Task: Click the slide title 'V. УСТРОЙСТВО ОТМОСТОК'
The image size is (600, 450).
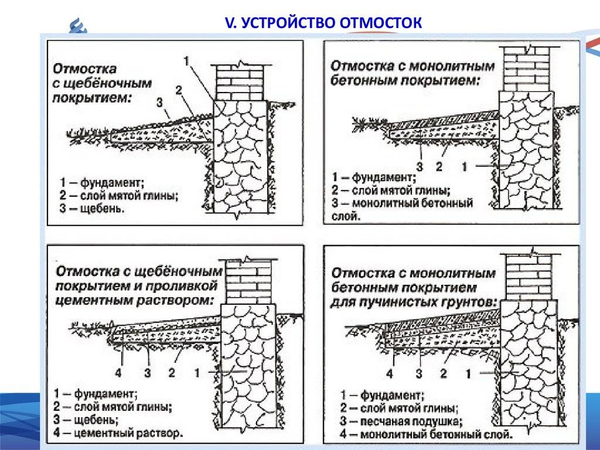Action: [323, 22]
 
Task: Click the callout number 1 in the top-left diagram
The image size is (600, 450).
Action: [186, 61]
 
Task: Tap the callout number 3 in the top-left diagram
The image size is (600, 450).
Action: [159, 103]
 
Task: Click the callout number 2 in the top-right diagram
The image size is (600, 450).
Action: [439, 166]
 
